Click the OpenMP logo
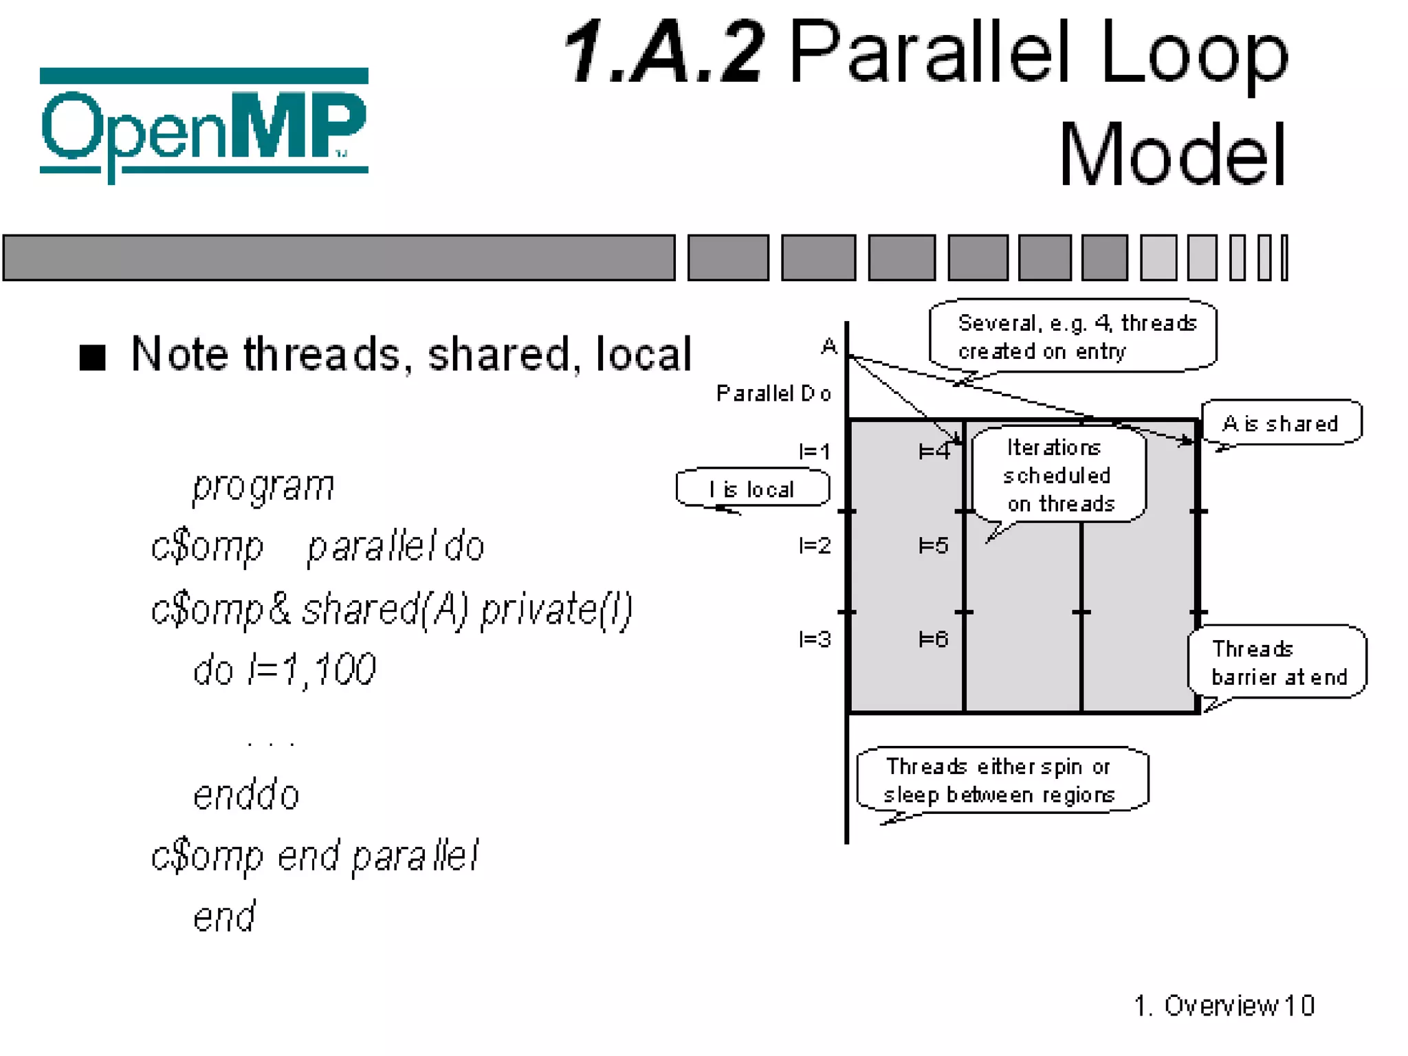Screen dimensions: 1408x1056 (203, 124)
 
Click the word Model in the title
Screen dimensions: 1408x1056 (1171, 155)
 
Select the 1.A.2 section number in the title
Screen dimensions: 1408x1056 (663, 52)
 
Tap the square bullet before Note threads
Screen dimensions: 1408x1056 (93, 357)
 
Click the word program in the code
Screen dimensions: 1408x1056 (263, 487)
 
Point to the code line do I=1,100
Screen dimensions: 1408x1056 (284, 670)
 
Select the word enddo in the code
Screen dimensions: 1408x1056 (246, 795)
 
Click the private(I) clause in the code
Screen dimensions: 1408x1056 (555, 609)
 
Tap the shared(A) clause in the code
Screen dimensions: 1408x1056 (385, 609)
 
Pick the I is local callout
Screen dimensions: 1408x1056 (752, 488)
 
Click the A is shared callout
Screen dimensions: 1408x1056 (1280, 423)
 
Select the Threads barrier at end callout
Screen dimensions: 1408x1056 (1277, 662)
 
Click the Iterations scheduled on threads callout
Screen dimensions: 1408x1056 (1058, 475)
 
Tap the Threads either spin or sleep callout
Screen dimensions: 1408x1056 (1001, 780)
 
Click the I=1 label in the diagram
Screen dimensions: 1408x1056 (815, 452)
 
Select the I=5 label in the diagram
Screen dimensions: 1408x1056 (934, 546)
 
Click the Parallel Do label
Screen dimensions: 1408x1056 (773, 393)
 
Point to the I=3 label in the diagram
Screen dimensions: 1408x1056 (815, 639)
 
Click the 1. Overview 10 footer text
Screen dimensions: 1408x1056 (1224, 1005)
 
